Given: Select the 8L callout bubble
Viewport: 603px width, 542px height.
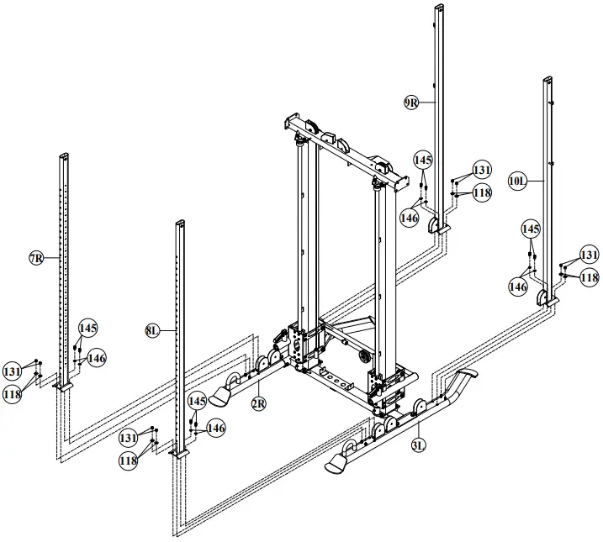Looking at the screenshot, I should pos(151,331).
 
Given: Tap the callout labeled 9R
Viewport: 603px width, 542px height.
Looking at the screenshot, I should pos(411,103).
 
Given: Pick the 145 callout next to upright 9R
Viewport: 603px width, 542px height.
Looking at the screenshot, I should pos(422,159).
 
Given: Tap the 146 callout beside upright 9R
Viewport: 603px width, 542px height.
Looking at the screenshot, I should pos(409,218).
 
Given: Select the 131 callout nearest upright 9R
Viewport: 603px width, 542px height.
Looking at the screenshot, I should pos(481,170).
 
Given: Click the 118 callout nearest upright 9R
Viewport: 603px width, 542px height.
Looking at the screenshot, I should pos(481,192).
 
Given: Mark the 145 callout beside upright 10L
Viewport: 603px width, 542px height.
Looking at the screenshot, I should pos(531,229).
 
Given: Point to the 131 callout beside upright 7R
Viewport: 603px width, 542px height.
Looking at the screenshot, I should pos(12,371).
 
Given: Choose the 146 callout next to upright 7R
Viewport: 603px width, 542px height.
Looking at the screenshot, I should pos(97,359).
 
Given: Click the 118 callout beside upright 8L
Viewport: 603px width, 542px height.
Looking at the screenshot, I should pos(129,461).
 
